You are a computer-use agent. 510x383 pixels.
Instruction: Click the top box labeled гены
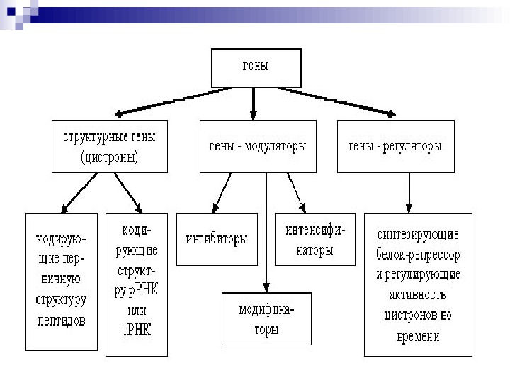(255, 68)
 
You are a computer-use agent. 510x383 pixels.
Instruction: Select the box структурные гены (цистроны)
(110, 147)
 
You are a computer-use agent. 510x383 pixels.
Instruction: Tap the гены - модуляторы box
(257, 147)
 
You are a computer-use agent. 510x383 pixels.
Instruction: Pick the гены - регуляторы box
(395, 147)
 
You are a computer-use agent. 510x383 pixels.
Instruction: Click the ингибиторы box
(216, 239)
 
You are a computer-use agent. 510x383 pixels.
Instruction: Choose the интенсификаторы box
(314, 239)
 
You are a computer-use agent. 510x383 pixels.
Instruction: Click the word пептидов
(61, 321)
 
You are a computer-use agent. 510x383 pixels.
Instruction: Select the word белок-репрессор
(418, 254)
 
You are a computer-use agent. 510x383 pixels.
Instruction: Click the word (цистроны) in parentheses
(110, 157)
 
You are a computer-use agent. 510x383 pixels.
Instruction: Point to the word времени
(418, 336)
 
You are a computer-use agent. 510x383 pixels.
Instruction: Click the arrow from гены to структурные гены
(170, 101)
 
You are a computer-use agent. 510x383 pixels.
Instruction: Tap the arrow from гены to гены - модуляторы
(254, 104)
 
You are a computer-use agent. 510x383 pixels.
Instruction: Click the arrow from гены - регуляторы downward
(409, 191)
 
